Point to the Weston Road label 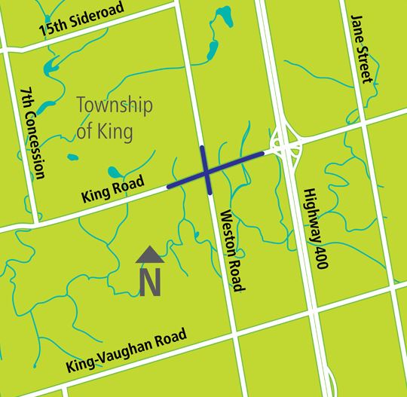[231, 252]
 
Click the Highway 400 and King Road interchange [286, 141]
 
